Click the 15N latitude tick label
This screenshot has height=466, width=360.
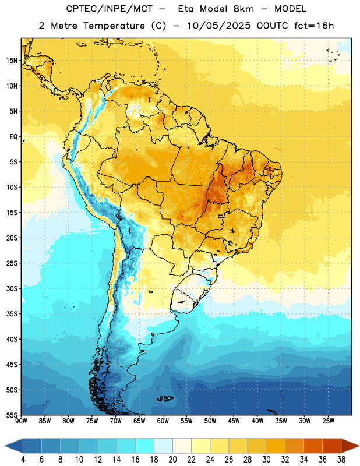[x=12, y=61]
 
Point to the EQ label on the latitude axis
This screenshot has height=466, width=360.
[x=13, y=137]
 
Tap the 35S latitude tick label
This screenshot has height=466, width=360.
[x=12, y=314]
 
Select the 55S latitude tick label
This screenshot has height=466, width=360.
[x=12, y=415]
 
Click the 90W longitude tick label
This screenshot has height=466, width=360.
[x=21, y=421]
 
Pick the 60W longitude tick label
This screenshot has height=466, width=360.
[x=163, y=421]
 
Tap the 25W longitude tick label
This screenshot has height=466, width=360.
[x=328, y=421]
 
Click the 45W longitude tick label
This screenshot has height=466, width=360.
[x=234, y=421]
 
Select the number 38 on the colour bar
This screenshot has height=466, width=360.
[x=341, y=460]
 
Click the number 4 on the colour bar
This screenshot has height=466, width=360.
[x=23, y=460]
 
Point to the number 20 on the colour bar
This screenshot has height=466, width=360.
[x=172, y=460]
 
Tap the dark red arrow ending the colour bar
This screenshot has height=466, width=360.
[x=350, y=446]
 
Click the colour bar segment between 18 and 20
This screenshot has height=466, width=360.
[x=163, y=446]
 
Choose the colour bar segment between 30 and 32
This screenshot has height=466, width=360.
[x=276, y=446]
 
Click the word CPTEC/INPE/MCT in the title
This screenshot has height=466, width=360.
[x=109, y=9]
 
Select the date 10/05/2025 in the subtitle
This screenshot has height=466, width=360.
[x=219, y=26]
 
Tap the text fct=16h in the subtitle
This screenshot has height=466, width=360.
[x=314, y=26]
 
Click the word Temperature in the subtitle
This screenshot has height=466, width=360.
[x=114, y=26]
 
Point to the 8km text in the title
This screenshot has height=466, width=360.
[x=243, y=9]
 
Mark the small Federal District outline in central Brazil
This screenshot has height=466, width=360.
[x=221, y=216]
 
